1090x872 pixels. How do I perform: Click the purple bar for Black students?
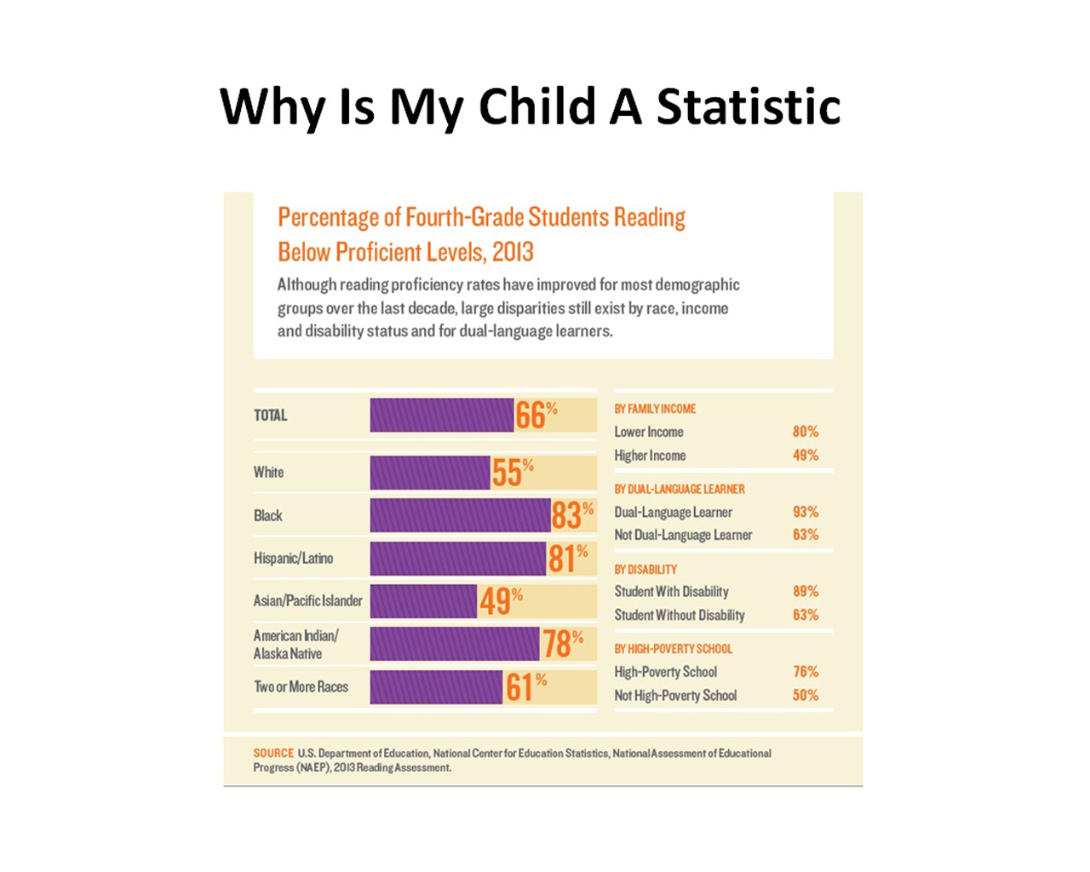460,515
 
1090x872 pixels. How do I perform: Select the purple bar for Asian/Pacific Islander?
423,601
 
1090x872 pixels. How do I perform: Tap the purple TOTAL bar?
441,416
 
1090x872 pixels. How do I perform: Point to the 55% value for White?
512,472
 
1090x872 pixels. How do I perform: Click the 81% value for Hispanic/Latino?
568,559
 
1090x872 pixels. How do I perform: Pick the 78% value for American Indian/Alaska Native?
562,644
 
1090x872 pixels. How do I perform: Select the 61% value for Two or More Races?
525,686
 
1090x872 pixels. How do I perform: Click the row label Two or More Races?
301,686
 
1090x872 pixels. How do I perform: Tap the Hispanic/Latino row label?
293,559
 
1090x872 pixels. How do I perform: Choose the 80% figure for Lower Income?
805,432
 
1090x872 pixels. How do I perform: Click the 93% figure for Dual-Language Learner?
805,512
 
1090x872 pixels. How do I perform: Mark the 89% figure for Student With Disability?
805,591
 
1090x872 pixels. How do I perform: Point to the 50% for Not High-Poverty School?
805,695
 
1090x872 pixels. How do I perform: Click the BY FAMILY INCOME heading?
655,409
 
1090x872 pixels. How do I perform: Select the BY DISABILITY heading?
645,569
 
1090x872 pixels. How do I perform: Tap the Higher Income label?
650,456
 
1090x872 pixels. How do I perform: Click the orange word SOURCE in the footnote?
272,753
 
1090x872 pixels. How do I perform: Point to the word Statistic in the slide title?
748,107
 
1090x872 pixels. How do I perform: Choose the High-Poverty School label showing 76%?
665,672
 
